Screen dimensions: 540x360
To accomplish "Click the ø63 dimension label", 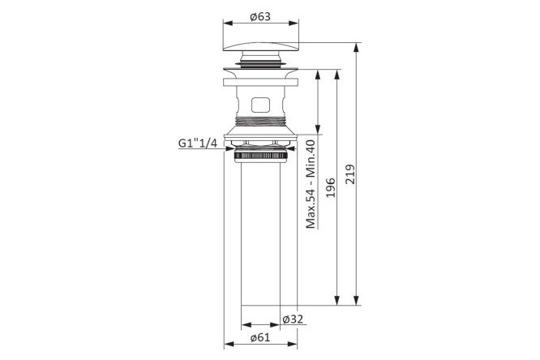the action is pos(260,16).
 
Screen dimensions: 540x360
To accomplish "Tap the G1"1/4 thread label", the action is pos(198,143).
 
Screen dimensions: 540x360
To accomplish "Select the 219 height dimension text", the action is pos(350,174).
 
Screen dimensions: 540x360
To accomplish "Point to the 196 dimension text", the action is pos(331,188).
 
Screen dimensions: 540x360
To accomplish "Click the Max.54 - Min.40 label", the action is pos(311,184).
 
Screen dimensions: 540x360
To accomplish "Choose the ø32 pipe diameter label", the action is pos(293,319).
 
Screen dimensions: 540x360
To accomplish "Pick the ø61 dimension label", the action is pos(260,337).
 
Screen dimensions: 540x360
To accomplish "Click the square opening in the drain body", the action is pos(260,105).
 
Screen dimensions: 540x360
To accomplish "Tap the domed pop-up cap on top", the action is pos(261,47).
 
